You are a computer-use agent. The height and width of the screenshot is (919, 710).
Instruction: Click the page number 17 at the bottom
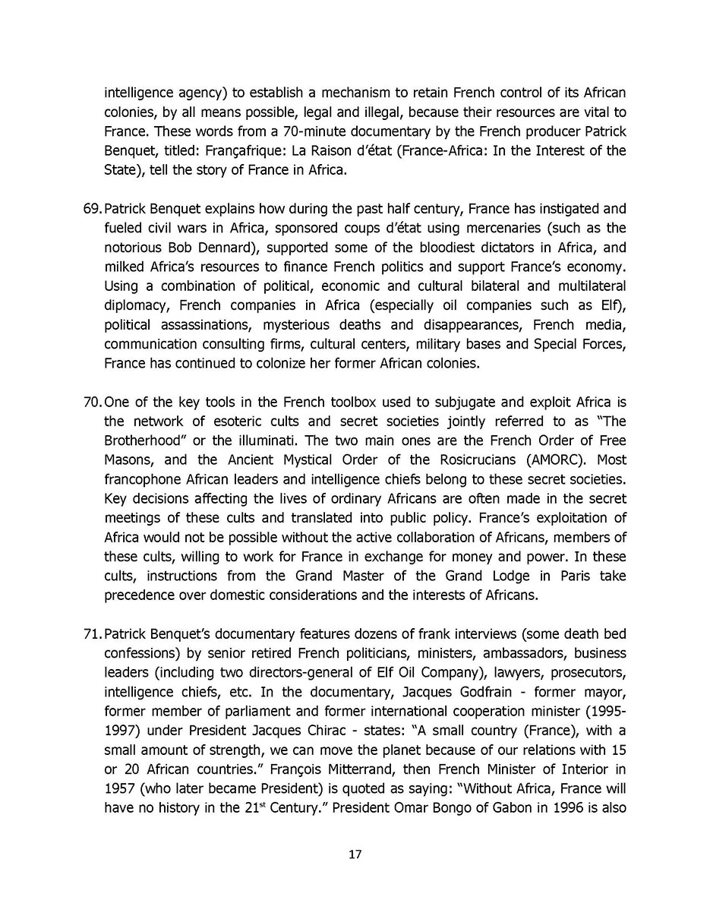pos(355,854)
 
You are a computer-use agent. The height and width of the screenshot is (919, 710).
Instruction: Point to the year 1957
pos(120,788)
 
